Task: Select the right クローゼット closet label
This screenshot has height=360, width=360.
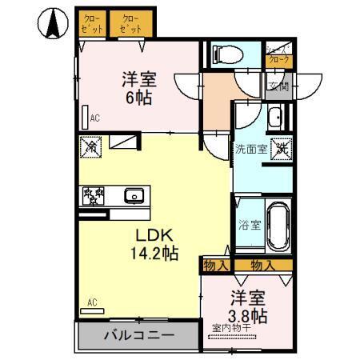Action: coord(130,22)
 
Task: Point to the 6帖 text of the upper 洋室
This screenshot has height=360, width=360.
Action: coord(137,97)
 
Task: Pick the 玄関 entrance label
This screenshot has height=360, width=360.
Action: coord(277,87)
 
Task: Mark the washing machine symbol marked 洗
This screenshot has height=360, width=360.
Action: coord(281,148)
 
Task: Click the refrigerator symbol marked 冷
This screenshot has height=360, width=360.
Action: coord(90,148)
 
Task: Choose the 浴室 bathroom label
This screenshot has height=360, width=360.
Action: coord(249,225)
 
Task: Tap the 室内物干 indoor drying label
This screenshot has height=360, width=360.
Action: coord(232,327)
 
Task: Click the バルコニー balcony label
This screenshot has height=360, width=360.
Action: coord(138,336)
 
